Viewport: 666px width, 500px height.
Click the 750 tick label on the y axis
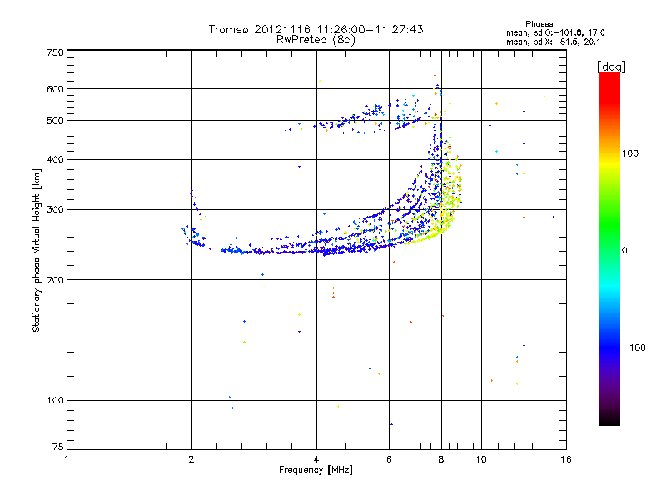coord(55,52)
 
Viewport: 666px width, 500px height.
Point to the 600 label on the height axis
coord(55,89)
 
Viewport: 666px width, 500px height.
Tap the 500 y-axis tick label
coord(55,121)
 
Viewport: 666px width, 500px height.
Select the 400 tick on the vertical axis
coord(55,159)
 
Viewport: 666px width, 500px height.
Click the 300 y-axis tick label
coord(55,209)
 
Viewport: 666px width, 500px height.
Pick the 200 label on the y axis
coord(55,280)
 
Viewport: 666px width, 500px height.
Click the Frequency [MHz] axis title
coord(316,471)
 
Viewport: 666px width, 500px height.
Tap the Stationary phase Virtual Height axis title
coord(37,250)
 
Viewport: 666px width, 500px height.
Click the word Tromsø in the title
coord(228,29)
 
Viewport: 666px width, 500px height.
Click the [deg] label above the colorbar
coord(612,66)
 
